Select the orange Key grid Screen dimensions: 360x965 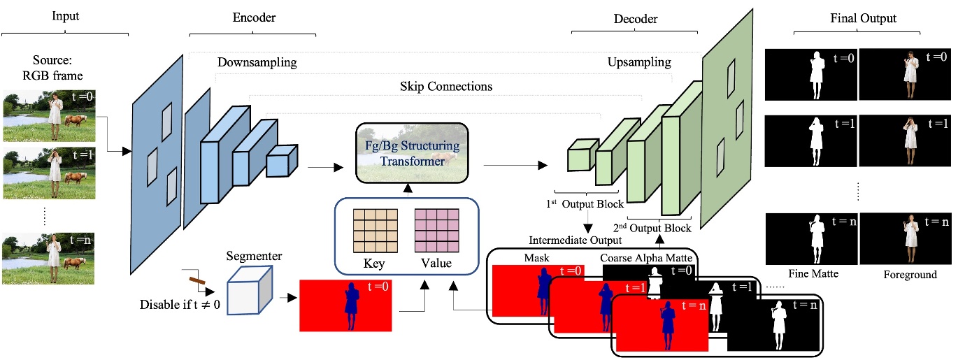374,231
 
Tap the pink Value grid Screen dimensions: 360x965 436,231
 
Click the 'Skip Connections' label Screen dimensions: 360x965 446,87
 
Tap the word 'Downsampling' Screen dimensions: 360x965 257,63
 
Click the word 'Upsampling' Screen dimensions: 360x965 638,62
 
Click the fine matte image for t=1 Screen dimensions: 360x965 811,139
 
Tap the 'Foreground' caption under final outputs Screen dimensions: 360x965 910,275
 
